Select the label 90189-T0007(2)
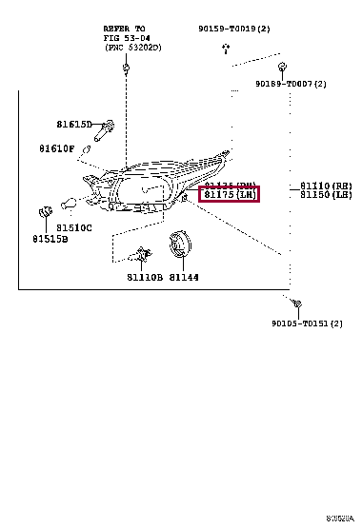click(x=291, y=84)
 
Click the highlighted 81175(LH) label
click(x=229, y=195)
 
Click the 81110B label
click(x=144, y=278)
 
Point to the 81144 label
click(x=185, y=278)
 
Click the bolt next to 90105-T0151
click(x=297, y=304)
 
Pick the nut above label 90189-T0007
click(x=283, y=68)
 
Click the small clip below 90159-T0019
click(x=225, y=45)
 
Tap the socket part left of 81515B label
click(x=43, y=210)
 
